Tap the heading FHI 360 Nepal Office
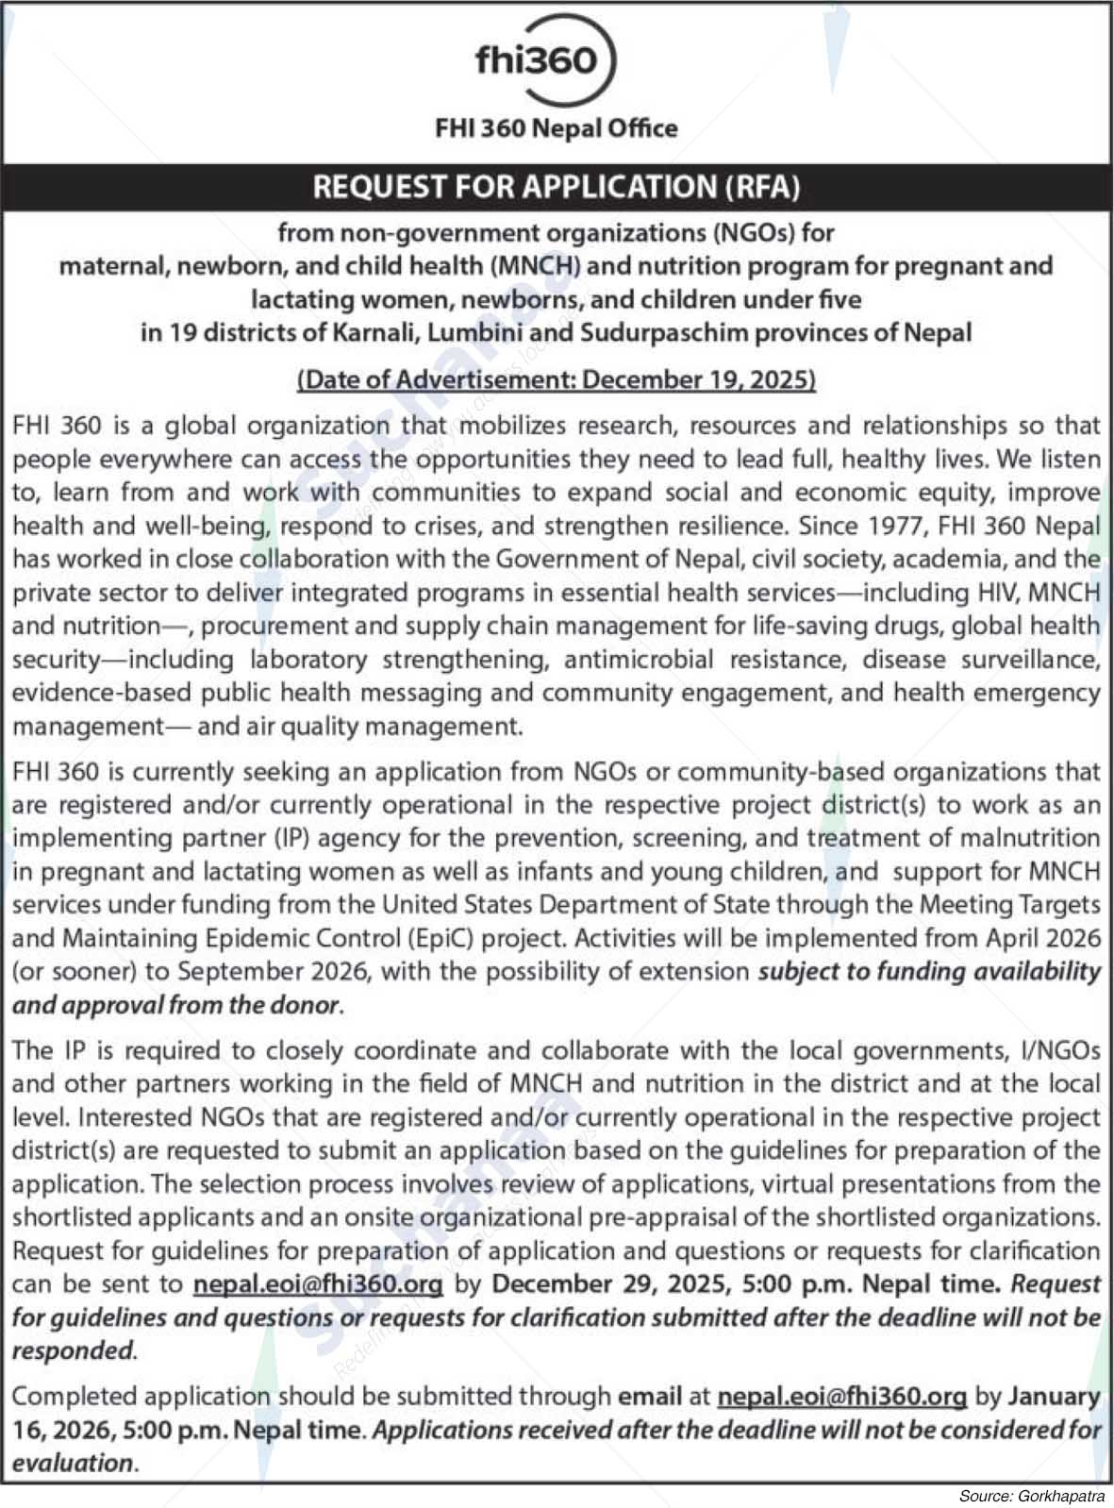point(556,128)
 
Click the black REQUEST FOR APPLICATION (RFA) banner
point(557,187)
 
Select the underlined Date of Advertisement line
point(557,379)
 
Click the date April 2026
point(1043,938)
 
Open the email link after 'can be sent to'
point(318,1284)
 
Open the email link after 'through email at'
point(841,1396)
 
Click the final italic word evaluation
point(73,1463)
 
